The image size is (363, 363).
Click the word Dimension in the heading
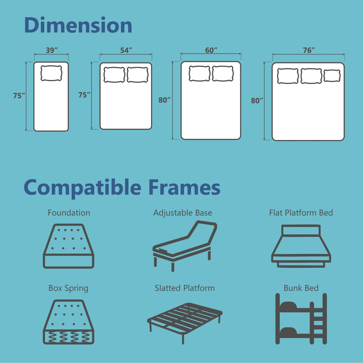coord(78,26)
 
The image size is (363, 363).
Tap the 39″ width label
coord(52,50)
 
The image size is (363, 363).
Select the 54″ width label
coord(126,50)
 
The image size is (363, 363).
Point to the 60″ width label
coord(211,50)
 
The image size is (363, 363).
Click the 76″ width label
coord(309,50)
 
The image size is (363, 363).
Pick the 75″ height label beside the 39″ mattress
coord(19,96)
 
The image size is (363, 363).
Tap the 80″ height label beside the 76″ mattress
coord(257,101)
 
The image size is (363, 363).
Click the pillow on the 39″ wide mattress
coord(51,73)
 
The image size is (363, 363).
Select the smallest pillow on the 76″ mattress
coord(332,76)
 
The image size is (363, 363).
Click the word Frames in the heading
coord(184,188)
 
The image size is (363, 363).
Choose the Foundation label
coord(69,213)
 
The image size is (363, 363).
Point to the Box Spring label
coord(68,288)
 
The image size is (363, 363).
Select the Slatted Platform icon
coord(184,321)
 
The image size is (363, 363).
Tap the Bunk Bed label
coord(301,288)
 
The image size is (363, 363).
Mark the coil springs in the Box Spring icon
coord(68,336)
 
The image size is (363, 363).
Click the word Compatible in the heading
coord(84,188)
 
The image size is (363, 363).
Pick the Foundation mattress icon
coord(69,246)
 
